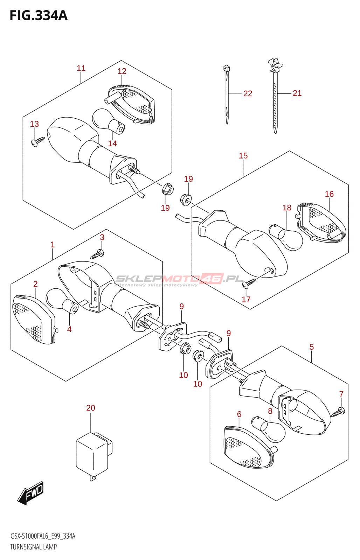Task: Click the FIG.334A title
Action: click(x=39, y=15)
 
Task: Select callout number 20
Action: click(x=91, y=408)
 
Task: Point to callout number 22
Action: click(x=248, y=93)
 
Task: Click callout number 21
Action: click(x=297, y=93)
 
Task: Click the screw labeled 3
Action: click(x=97, y=254)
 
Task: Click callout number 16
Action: click(x=329, y=194)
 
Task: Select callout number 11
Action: click(x=81, y=68)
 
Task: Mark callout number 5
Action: click(x=311, y=347)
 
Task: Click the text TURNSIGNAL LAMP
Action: click(x=33, y=547)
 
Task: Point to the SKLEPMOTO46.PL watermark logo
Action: click(x=179, y=279)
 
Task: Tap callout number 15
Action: click(x=243, y=156)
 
